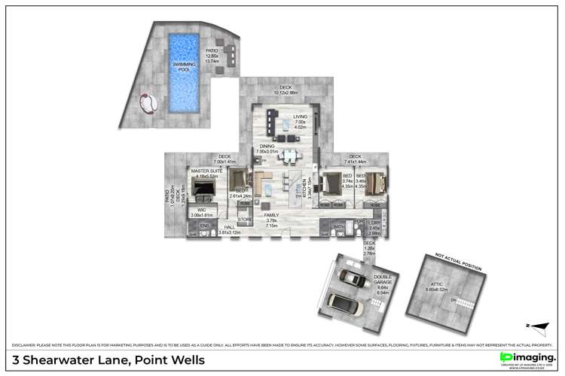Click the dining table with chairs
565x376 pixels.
pos(288,157)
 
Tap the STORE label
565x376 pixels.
pos(244,220)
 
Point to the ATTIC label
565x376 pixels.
pos(435,285)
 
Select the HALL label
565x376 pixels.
pos(224,228)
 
